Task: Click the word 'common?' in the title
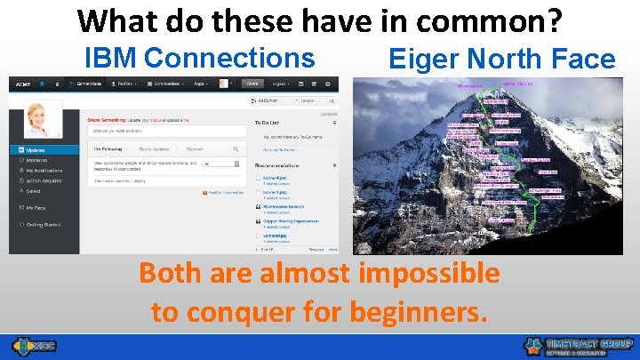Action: (x=488, y=20)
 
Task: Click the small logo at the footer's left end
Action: (x=33, y=347)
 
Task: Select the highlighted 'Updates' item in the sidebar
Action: (x=36, y=150)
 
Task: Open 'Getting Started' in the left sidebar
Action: (x=44, y=224)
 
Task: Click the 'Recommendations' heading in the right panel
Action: (x=283, y=165)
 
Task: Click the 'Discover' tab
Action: (x=195, y=148)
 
